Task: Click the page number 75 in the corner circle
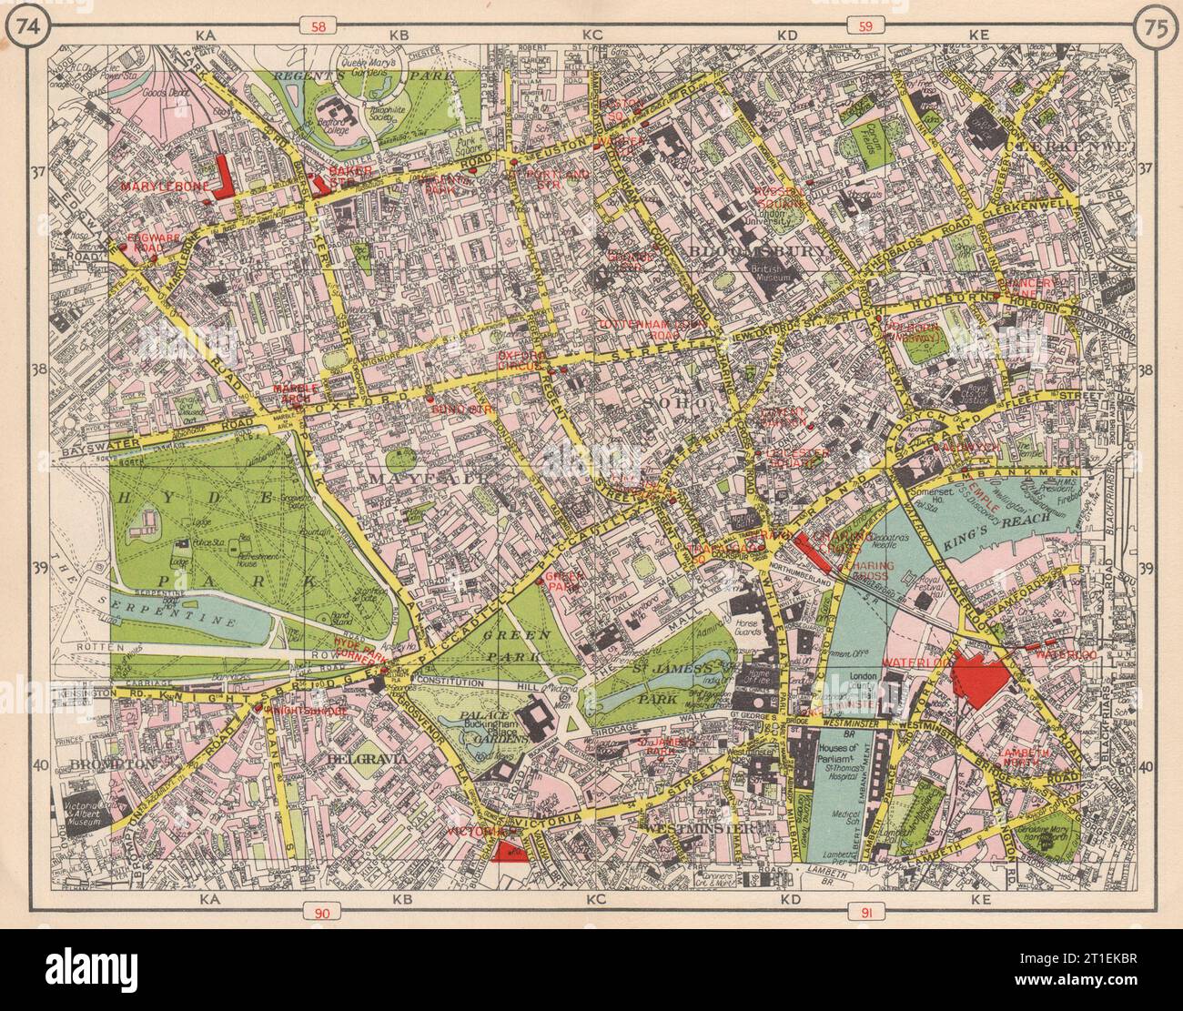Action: click(1153, 25)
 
